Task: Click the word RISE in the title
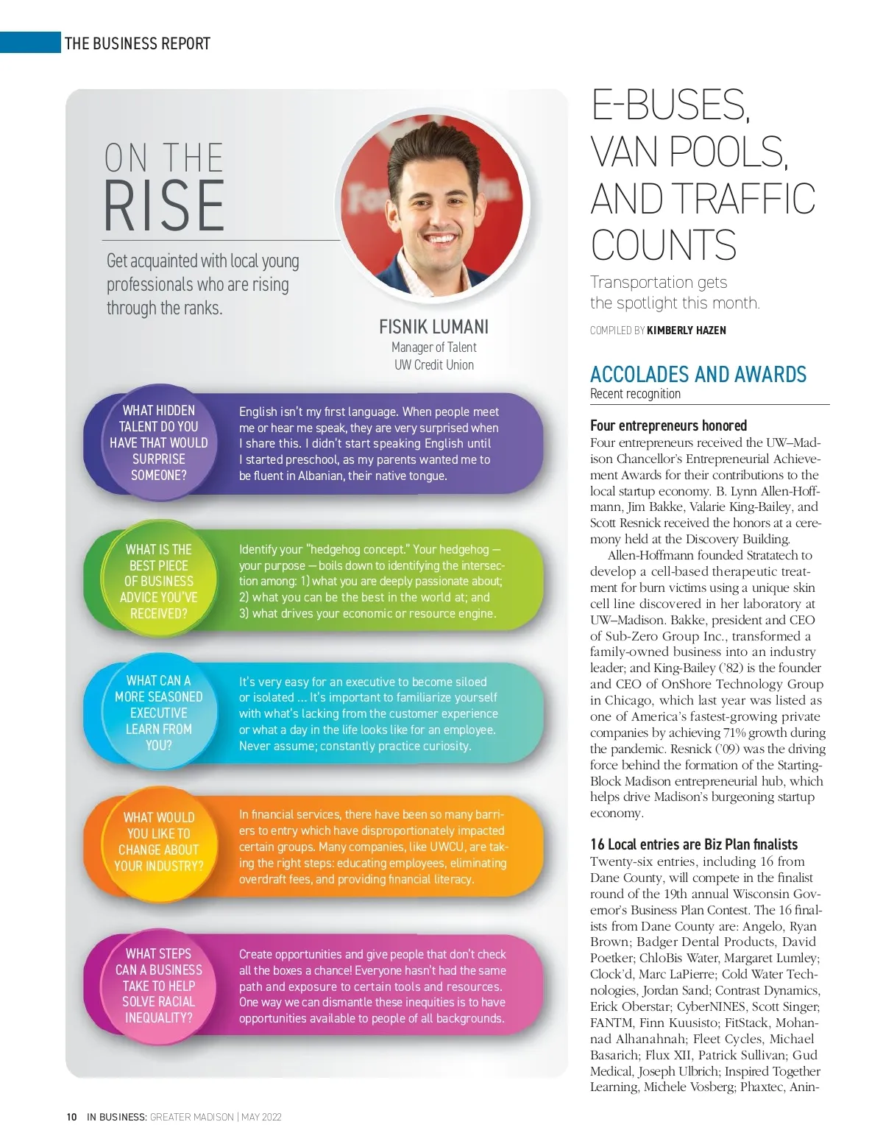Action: (x=164, y=205)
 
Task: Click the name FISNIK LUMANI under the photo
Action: (x=433, y=327)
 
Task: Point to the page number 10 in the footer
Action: (x=71, y=1117)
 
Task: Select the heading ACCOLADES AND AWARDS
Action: (x=698, y=375)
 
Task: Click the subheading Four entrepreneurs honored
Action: (x=668, y=426)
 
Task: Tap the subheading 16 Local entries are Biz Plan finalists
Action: (x=693, y=844)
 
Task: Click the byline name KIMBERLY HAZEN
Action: (x=686, y=331)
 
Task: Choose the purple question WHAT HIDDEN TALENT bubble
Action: (x=158, y=442)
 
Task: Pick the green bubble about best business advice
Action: (x=158, y=581)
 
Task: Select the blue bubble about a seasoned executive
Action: (x=158, y=713)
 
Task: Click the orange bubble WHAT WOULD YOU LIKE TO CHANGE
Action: (x=158, y=841)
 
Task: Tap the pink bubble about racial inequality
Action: (x=158, y=985)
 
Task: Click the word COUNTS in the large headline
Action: (x=663, y=246)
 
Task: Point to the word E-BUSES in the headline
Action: (x=670, y=105)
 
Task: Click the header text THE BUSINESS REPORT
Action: (x=138, y=43)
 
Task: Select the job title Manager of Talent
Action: (x=433, y=347)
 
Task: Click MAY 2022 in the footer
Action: (x=261, y=1117)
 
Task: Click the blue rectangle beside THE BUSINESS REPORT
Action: (x=30, y=42)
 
